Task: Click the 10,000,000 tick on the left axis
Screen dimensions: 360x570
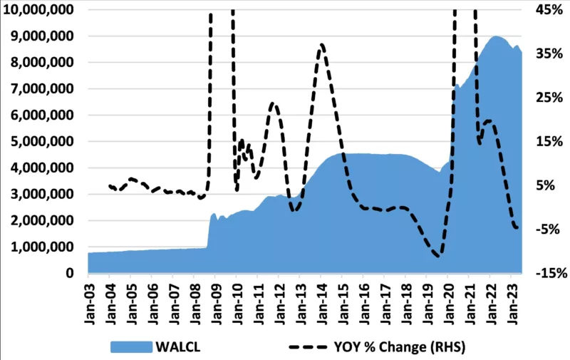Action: (x=41, y=10)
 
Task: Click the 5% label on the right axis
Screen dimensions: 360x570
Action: (x=546, y=185)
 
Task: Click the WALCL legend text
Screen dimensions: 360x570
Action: (x=177, y=346)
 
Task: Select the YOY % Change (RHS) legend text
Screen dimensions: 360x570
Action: (x=402, y=346)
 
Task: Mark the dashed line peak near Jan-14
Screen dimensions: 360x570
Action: (x=322, y=45)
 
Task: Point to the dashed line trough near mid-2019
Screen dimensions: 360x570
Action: (x=438, y=254)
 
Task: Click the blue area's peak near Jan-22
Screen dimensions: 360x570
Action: (x=496, y=36)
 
